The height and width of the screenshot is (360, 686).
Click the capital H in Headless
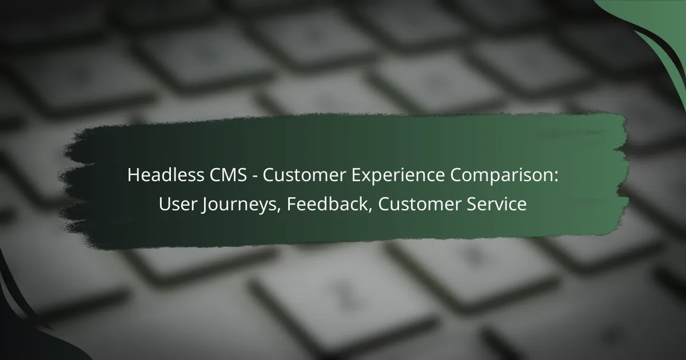click(x=133, y=176)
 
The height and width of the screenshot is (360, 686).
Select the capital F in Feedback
click(x=291, y=205)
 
